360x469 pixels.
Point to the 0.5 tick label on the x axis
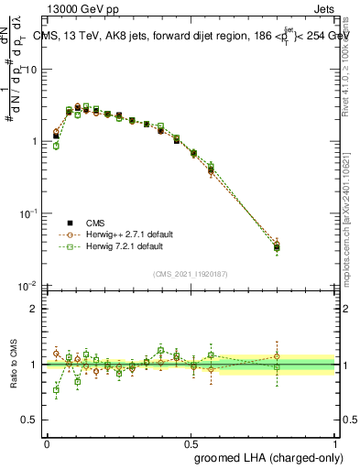click(191, 443)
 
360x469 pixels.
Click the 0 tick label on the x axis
click(47, 443)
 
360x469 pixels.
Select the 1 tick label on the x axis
click(334, 443)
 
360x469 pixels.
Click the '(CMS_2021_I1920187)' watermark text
click(191, 273)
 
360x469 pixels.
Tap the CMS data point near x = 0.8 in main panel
click(277, 246)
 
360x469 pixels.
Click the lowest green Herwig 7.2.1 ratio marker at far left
click(56, 390)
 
